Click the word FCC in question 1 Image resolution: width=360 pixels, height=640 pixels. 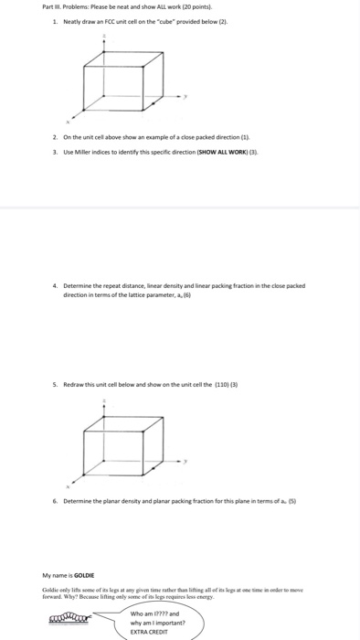click(105, 20)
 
